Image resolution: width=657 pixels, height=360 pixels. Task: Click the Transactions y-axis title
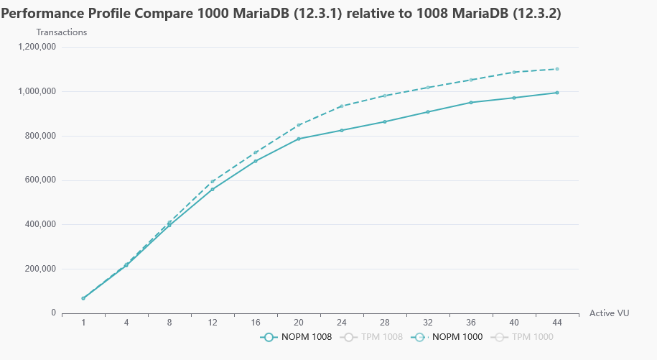tap(62, 32)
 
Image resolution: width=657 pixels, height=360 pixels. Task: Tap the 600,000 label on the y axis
tap(40, 180)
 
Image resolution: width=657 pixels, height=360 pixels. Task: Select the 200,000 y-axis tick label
tap(40, 269)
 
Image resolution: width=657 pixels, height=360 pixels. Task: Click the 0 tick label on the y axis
tap(53, 313)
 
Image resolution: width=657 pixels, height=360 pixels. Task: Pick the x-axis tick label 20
tap(299, 323)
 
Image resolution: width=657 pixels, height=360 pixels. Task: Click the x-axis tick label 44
tap(557, 323)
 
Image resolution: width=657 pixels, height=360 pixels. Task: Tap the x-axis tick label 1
tap(83, 323)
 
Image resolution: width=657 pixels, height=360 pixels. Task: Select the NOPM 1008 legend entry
tap(296, 336)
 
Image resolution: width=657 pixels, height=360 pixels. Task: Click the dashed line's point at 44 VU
tap(557, 69)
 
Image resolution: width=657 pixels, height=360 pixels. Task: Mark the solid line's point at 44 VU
tap(557, 93)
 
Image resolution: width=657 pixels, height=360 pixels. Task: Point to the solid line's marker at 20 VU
tap(299, 139)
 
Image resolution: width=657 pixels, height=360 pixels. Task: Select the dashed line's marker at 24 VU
tap(342, 106)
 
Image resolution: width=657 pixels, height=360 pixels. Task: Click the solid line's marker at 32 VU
tap(428, 112)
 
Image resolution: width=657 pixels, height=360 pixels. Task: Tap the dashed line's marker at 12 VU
tap(213, 182)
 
